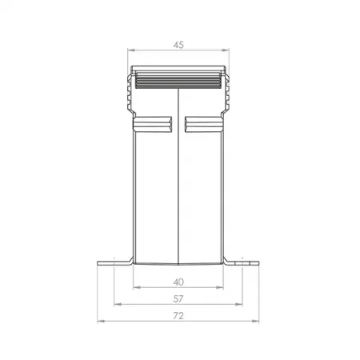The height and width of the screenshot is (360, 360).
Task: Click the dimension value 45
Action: [178, 45]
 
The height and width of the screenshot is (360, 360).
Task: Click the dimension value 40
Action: [178, 282]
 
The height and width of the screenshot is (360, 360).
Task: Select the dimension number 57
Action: [178, 299]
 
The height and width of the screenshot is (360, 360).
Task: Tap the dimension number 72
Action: [178, 316]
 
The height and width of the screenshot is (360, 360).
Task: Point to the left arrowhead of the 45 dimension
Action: [131, 50]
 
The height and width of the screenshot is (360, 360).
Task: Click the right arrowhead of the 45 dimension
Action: [226, 50]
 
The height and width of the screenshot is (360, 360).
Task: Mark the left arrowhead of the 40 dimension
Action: [137, 287]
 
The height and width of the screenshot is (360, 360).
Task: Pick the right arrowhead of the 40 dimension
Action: [220, 287]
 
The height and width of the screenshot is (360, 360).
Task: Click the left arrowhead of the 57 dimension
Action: [118, 304]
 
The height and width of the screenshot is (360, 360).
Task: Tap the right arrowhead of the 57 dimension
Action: [239, 304]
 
